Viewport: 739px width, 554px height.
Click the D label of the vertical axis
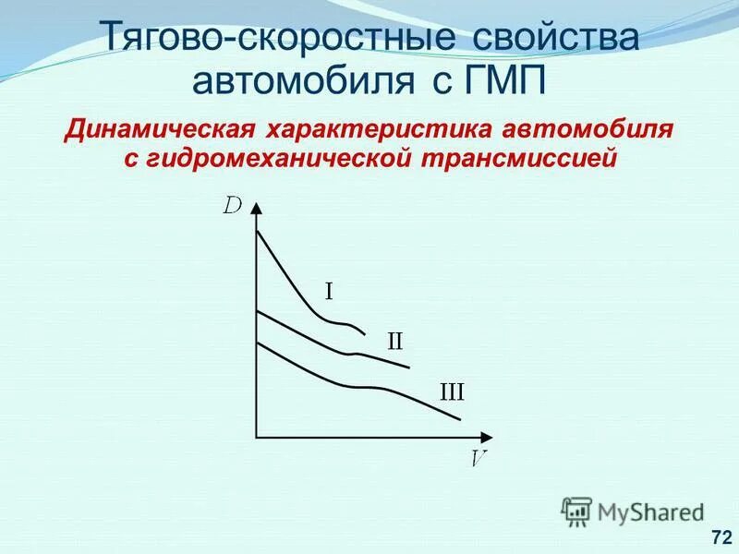point(233,205)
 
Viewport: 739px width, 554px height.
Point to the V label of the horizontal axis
point(479,457)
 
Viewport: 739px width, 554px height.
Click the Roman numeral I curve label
point(328,292)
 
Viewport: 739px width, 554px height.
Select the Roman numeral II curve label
point(394,341)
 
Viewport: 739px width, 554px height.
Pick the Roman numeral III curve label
point(452,392)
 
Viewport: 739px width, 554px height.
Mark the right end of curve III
point(460,420)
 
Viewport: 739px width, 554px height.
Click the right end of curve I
point(366,333)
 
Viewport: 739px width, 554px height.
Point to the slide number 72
point(721,536)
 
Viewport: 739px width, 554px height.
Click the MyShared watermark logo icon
point(576,511)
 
